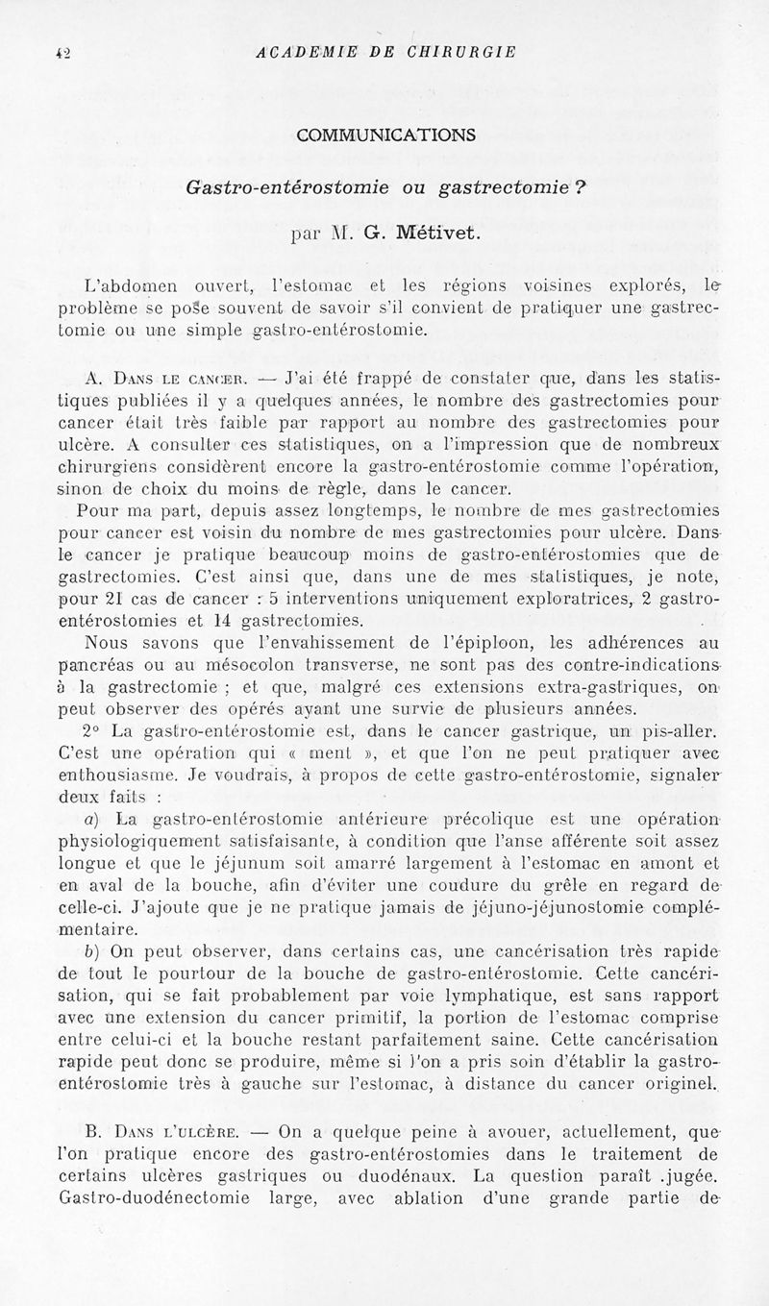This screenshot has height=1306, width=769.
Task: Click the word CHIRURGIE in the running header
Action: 465,51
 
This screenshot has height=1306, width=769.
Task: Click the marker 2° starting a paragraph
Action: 94,732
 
